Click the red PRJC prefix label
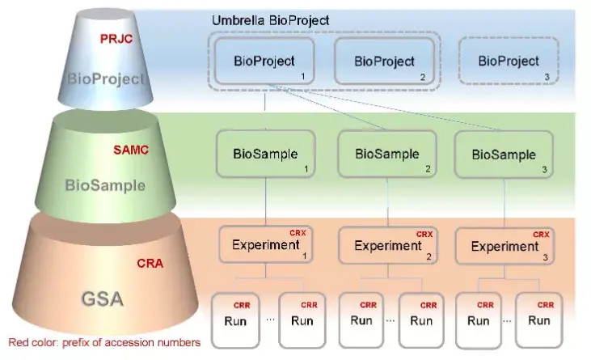click(x=116, y=39)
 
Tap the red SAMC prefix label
click(x=131, y=150)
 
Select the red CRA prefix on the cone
click(x=150, y=263)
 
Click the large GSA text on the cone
click(x=103, y=299)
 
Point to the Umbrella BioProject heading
click(x=270, y=20)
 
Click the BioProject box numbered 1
click(x=264, y=61)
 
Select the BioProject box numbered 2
click(x=385, y=61)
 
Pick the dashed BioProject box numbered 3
click(x=509, y=61)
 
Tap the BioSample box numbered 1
click(x=266, y=154)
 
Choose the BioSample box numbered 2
click(x=387, y=154)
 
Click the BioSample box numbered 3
click(x=504, y=155)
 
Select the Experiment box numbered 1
click(x=266, y=244)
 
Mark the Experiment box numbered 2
click(x=388, y=245)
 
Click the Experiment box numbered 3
click(x=504, y=246)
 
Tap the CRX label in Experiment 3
click(x=541, y=235)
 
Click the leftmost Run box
click(x=235, y=320)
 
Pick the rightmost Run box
click(x=539, y=320)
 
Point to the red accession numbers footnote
click(x=104, y=343)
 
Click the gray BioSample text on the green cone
click(x=105, y=185)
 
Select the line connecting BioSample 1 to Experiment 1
click(x=266, y=201)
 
